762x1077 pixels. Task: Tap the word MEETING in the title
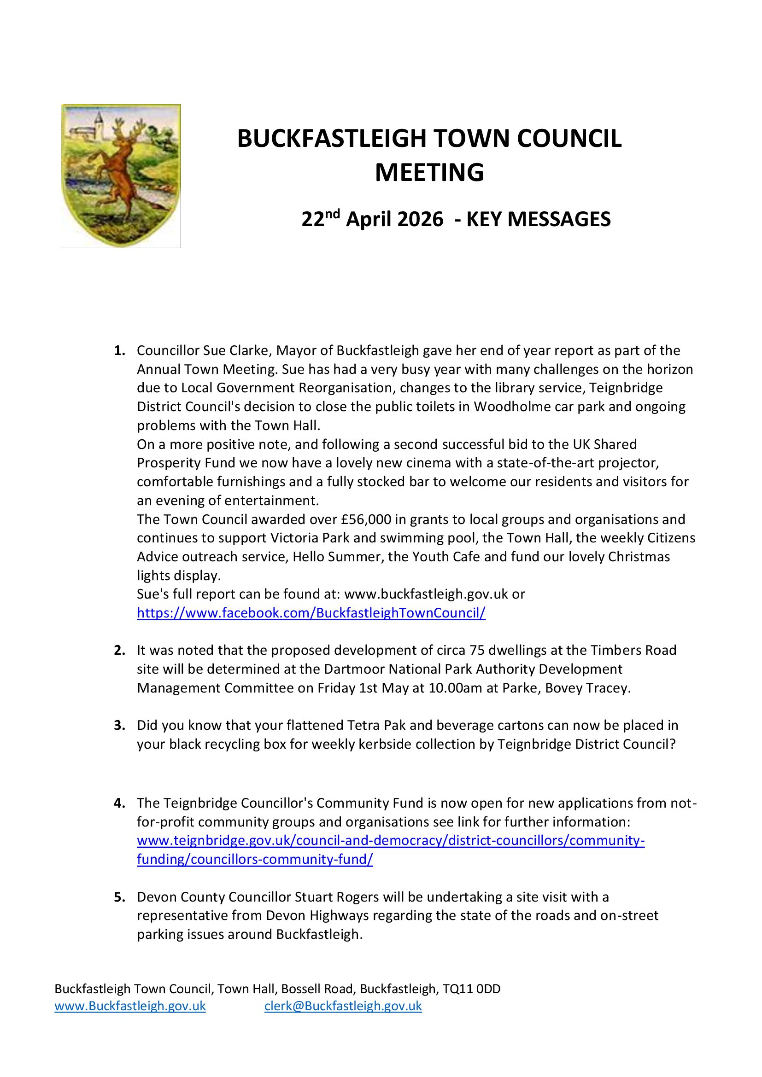[429, 172]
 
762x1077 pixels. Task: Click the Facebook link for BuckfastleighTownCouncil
[311, 612]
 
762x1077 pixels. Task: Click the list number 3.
[119, 725]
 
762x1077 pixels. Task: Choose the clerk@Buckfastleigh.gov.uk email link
[343, 1006]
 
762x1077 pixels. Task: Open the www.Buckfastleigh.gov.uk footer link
[130, 1006]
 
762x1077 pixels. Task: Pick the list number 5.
[119, 897]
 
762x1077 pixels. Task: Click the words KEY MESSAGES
[538, 219]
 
